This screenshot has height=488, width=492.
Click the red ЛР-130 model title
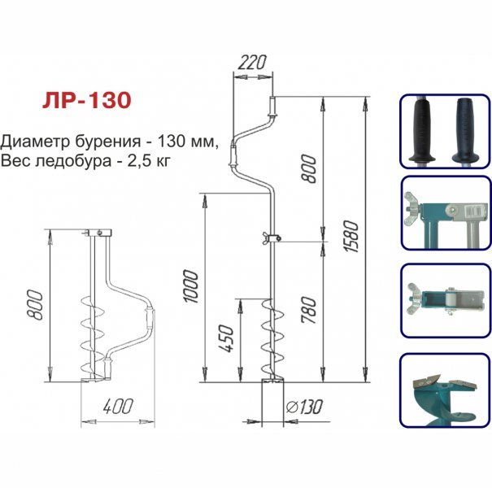86,100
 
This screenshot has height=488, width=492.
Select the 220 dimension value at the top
252,62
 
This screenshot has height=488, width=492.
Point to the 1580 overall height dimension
350,236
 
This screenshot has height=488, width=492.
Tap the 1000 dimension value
191,286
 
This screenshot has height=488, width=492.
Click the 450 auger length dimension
226,338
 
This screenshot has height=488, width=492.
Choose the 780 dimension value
309,310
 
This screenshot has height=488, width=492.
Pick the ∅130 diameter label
304,407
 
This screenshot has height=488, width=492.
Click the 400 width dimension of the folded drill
118,406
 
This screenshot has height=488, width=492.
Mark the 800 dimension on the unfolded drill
309,168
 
